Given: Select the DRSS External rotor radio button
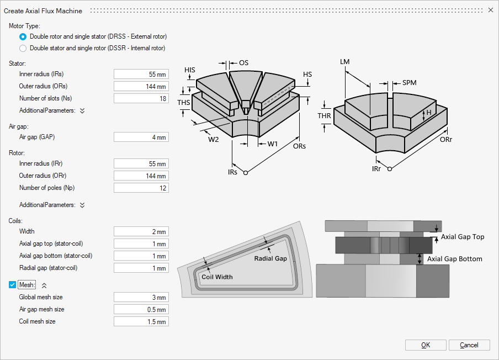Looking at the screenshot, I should (x=23, y=36).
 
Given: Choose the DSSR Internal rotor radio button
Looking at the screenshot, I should (x=23, y=48).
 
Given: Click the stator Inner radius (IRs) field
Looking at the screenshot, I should (x=141, y=74).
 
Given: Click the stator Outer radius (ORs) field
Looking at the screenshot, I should (x=141, y=86).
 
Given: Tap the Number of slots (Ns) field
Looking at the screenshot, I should (x=141, y=98).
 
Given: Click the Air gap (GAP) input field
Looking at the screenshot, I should (x=141, y=137).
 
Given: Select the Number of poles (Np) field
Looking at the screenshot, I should (x=141, y=188).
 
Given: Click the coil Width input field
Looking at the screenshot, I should (x=141, y=231).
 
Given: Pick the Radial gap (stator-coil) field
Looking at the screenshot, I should (x=141, y=268).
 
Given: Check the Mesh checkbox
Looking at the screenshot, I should (x=13, y=285).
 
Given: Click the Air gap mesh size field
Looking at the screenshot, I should (x=141, y=309).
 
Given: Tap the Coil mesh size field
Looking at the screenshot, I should (x=141, y=321).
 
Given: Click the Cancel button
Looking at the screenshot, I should (x=469, y=345).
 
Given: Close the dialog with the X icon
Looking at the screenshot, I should (x=490, y=10).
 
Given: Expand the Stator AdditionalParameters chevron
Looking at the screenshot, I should (x=82, y=110).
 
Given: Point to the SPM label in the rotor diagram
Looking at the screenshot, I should (x=409, y=83).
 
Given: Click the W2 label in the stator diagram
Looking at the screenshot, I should (x=213, y=140).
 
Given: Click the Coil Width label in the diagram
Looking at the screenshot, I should (x=217, y=277).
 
